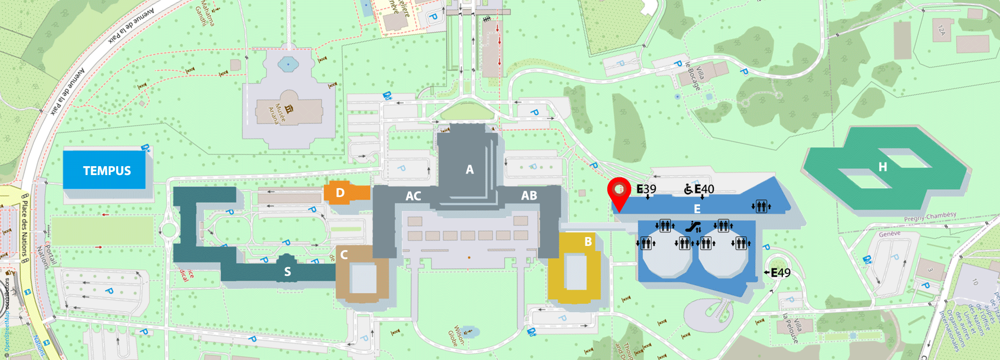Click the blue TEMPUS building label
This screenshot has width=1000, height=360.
[107, 171]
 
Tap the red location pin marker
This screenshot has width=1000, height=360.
[619, 193]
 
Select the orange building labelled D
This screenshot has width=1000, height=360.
[340, 193]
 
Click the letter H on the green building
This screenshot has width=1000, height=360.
[882, 167]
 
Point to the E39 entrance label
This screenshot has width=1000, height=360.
[646, 189]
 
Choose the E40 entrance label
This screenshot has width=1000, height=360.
[704, 189]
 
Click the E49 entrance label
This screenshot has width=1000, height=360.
[780, 272]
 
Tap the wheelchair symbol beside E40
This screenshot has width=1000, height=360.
[688, 189]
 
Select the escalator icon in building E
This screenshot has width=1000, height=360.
[692, 227]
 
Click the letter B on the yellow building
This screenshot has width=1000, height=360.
[588, 242]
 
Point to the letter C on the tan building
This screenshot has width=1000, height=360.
[344, 255]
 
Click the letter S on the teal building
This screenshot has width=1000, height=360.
[287, 271]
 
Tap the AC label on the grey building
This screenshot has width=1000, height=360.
[413, 196]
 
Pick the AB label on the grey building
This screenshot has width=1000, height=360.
[529, 195]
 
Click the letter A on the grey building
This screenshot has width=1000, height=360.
[470, 169]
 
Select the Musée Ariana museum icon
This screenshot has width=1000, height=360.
[289, 108]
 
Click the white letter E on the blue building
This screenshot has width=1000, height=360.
[697, 209]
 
